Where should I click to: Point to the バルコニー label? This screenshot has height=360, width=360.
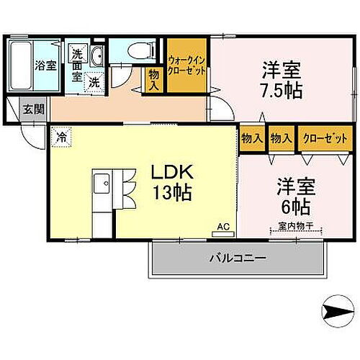pos(238,257)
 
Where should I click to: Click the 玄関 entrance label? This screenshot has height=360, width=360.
pos(33,109)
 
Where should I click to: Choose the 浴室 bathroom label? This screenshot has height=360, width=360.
pos(45,66)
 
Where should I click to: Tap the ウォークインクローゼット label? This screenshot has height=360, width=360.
pos(187,66)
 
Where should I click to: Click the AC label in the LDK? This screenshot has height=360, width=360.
pos(223,227)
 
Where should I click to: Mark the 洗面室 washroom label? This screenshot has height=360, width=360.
pos(78,63)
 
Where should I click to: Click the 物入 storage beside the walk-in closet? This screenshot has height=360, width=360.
pos(154,78)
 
